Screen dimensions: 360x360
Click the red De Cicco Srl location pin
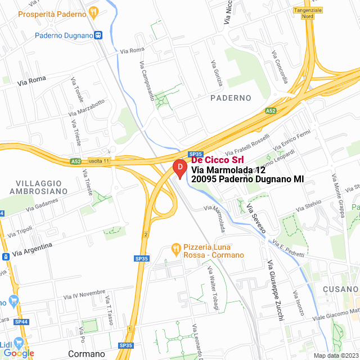pyautogui.click(x=179, y=168)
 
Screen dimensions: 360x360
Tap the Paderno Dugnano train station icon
pyautogui.click(x=98, y=35)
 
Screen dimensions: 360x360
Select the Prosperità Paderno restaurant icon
pyautogui.click(x=94, y=11)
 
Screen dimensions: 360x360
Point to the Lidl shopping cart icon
pyautogui.click(x=19, y=343)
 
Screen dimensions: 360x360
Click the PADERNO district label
pyautogui.click(x=231, y=98)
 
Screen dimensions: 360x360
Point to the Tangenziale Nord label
pyautogui.click(x=308, y=13)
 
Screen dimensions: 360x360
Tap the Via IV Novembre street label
pyautogui.click(x=81, y=295)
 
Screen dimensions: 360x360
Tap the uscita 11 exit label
pyautogui.click(x=98, y=161)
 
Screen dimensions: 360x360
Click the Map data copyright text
pyautogui.click(x=335, y=355)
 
